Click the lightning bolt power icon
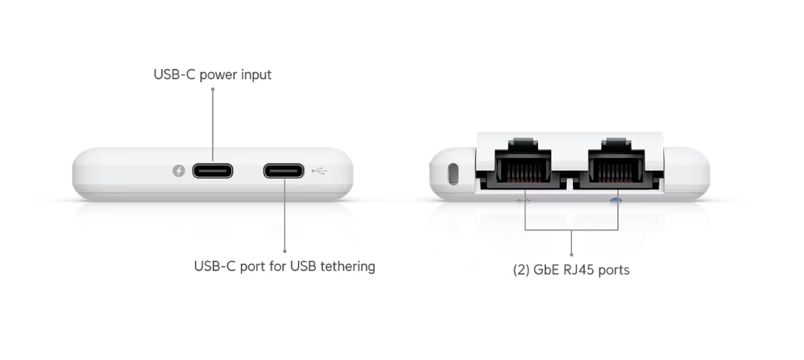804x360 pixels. (x=179, y=171)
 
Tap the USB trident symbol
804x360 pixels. (x=319, y=171)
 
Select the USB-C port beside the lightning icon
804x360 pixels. (x=213, y=171)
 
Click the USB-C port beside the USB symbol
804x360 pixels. (x=284, y=171)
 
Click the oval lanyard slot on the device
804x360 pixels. (x=454, y=174)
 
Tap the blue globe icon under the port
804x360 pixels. (x=616, y=201)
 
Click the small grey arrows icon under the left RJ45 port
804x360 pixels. (x=523, y=201)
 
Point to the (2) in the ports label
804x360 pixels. (x=521, y=270)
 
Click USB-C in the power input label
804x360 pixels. (x=174, y=74)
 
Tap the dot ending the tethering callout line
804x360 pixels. (x=285, y=251)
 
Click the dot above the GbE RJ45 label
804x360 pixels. (x=572, y=254)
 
